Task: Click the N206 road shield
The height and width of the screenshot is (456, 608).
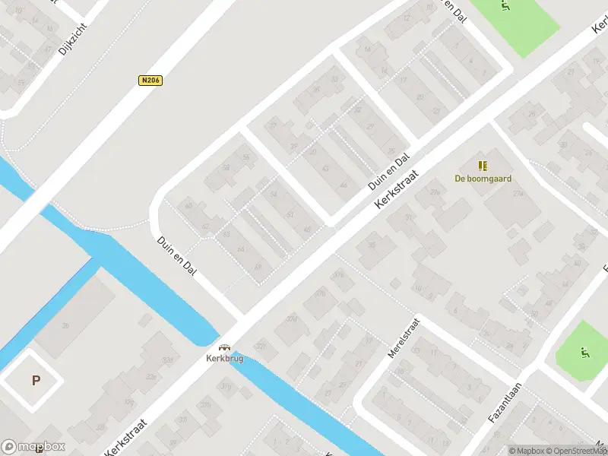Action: tap(151, 80)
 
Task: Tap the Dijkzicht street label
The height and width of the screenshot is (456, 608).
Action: tap(73, 38)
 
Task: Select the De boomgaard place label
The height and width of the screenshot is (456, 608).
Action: tap(483, 179)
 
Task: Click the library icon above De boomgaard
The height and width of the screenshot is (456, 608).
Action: tap(483, 166)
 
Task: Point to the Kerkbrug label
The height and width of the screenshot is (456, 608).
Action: tap(224, 358)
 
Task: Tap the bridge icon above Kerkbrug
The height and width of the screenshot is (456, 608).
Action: tap(224, 346)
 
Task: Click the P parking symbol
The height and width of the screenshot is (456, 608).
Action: tap(36, 381)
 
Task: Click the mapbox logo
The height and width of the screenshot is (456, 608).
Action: tap(33, 447)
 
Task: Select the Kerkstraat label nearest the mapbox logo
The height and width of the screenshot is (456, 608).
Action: tap(125, 434)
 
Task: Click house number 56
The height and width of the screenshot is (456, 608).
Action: tap(245, 157)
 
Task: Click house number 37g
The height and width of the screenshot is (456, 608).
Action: tap(226, 387)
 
